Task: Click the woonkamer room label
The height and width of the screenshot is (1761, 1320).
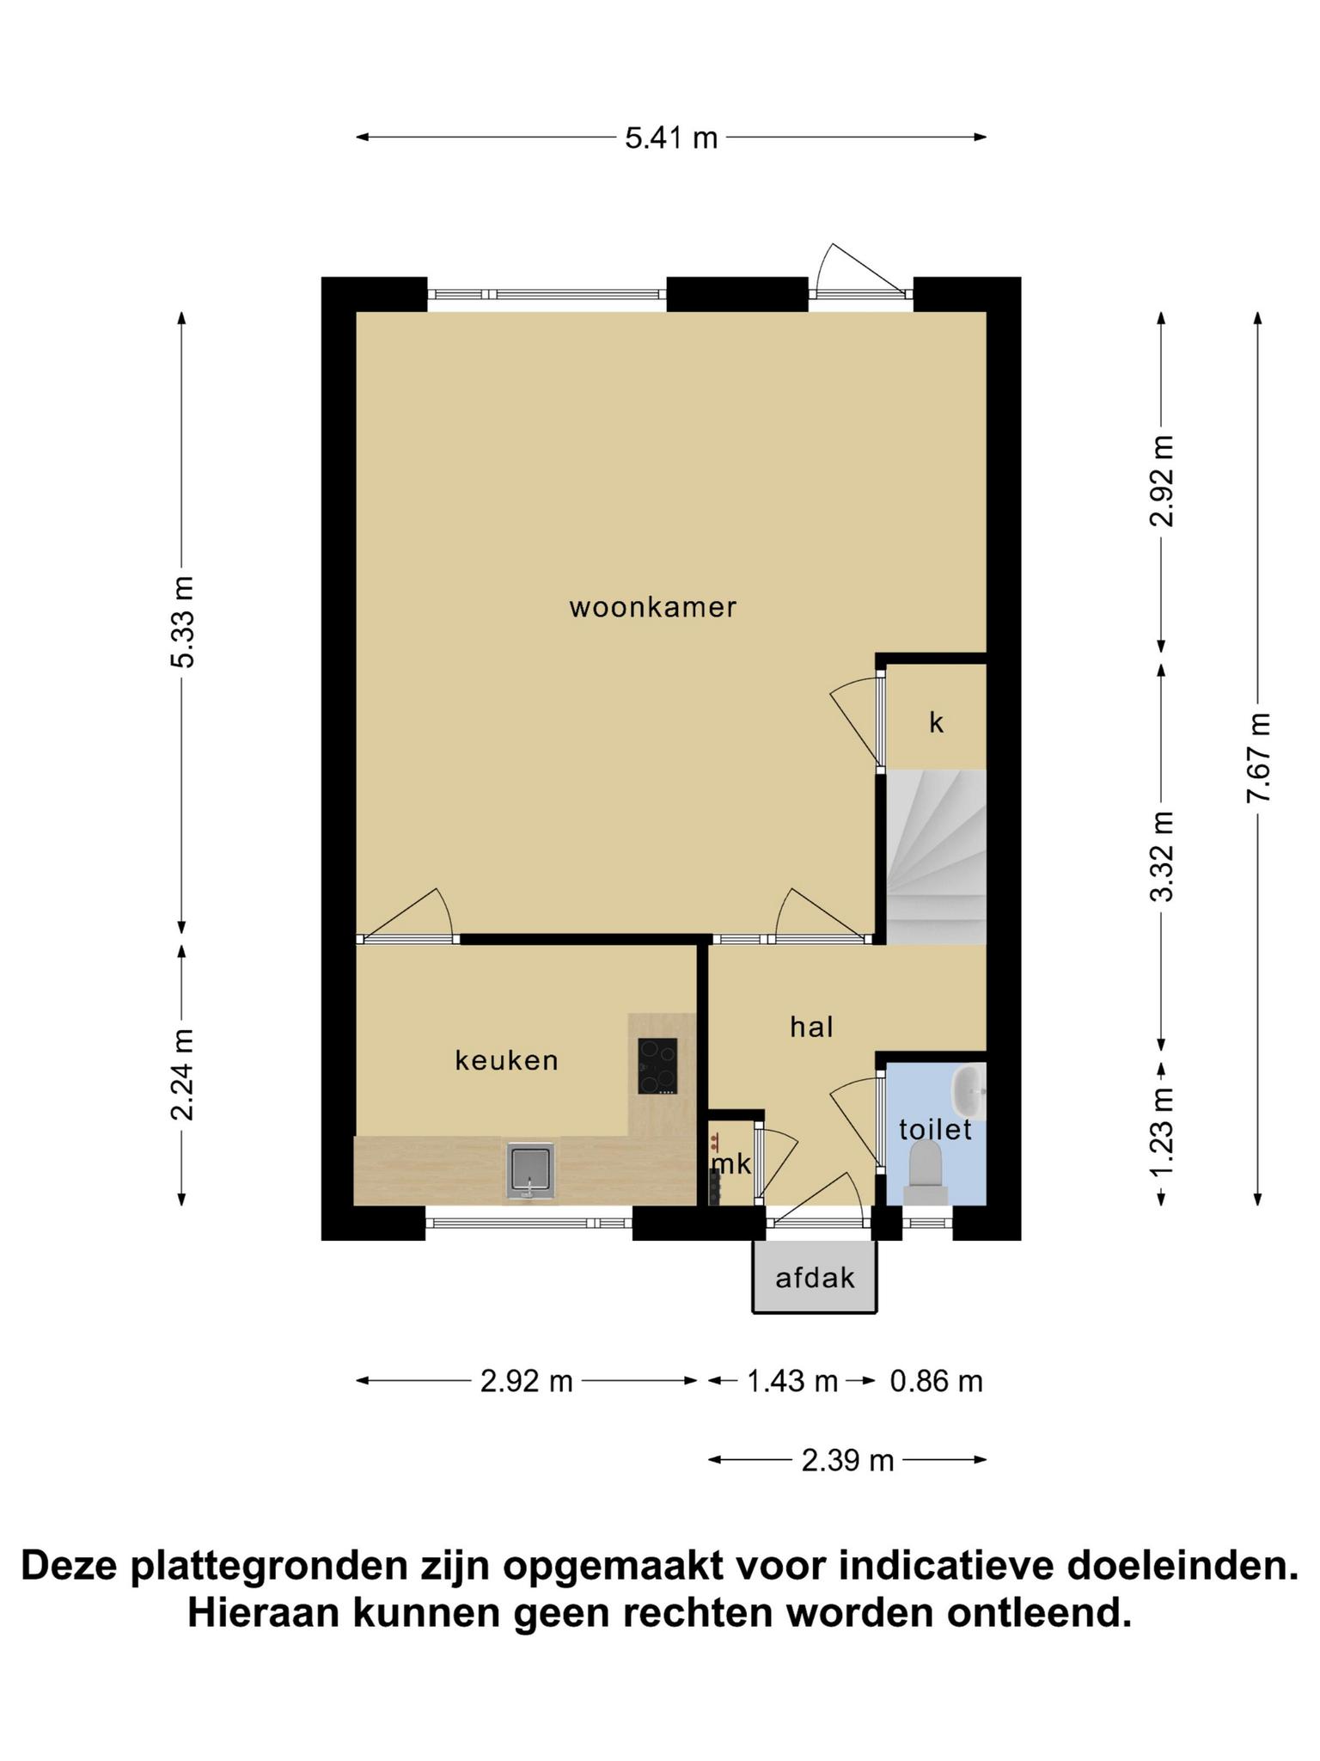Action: click(653, 608)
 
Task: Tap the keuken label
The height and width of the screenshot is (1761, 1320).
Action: click(507, 1060)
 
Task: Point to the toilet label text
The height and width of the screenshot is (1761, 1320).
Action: click(935, 1129)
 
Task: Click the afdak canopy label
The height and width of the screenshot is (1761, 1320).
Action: click(815, 1278)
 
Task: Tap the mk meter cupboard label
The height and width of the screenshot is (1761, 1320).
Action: click(731, 1164)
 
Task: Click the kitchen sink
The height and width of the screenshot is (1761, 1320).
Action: click(530, 1169)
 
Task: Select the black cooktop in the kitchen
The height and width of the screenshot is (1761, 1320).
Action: click(657, 1066)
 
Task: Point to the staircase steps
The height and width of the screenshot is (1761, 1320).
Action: click(936, 856)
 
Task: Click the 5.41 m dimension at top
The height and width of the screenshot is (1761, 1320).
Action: click(671, 138)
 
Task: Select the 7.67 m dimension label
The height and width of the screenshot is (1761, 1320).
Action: click(1258, 758)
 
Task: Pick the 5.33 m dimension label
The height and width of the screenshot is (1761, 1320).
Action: click(182, 622)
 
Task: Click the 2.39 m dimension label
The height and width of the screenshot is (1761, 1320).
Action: click(848, 1460)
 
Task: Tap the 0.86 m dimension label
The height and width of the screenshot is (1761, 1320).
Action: click(936, 1381)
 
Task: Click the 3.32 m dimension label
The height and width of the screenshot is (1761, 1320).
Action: click(1162, 856)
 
